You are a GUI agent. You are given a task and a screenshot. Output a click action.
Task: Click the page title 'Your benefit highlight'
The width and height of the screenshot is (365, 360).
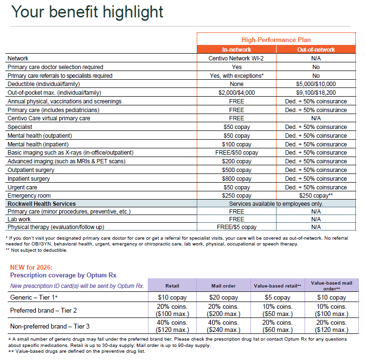click(87, 12)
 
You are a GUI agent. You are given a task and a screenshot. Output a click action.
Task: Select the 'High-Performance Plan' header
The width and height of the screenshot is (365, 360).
click(276, 40)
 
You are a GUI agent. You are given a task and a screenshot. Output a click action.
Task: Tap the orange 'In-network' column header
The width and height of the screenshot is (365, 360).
click(236, 49)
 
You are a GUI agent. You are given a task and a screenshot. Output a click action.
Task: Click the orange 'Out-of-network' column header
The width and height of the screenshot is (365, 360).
click(316, 49)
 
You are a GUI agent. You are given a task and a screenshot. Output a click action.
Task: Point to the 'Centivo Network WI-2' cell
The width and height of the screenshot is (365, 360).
click(236, 58)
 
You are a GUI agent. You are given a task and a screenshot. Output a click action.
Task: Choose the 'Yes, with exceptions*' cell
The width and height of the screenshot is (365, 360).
click(236, 75)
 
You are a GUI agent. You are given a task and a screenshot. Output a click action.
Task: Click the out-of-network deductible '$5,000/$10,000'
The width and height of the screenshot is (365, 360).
click(316, 84)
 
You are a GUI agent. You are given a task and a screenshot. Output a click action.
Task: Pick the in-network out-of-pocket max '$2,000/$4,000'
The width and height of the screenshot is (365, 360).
click(236, 93)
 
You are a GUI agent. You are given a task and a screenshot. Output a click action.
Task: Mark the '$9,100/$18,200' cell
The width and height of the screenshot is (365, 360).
click(316, 93)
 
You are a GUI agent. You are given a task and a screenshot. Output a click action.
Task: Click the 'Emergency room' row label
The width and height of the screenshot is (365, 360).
click(29, 196)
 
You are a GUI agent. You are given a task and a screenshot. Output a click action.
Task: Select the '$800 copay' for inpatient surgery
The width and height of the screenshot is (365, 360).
click(236, 178)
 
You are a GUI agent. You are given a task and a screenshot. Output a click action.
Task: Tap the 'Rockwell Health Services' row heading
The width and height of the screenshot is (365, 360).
click(42, 204)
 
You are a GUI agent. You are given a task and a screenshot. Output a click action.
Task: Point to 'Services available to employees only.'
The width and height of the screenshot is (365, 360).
click(276, 204)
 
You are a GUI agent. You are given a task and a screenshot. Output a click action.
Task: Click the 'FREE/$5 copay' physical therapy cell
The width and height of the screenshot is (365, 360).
click(236, 227)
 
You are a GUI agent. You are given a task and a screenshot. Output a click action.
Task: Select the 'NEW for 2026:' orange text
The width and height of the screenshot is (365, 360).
click(31, 267)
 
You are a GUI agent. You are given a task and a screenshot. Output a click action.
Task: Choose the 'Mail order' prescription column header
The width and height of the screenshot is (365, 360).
click(223, 286)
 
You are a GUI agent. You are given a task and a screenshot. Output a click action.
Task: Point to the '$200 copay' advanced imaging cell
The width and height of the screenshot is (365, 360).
click(236, 161)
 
